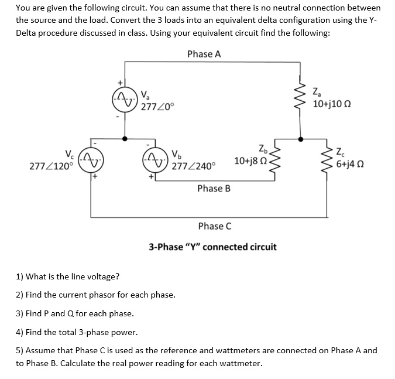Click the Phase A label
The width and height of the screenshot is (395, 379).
[x=204, y=54]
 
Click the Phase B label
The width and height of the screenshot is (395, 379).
[x=214, y=188]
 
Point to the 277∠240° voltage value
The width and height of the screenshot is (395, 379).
[x=194, y=166]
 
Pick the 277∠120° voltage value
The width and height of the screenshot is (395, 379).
[x=51, y=166]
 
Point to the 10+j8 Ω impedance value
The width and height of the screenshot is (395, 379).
[x=250, y=161]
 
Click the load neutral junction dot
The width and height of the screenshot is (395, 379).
[x=301, y=139]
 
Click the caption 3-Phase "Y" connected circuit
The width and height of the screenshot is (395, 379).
[x=212, y=247]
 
